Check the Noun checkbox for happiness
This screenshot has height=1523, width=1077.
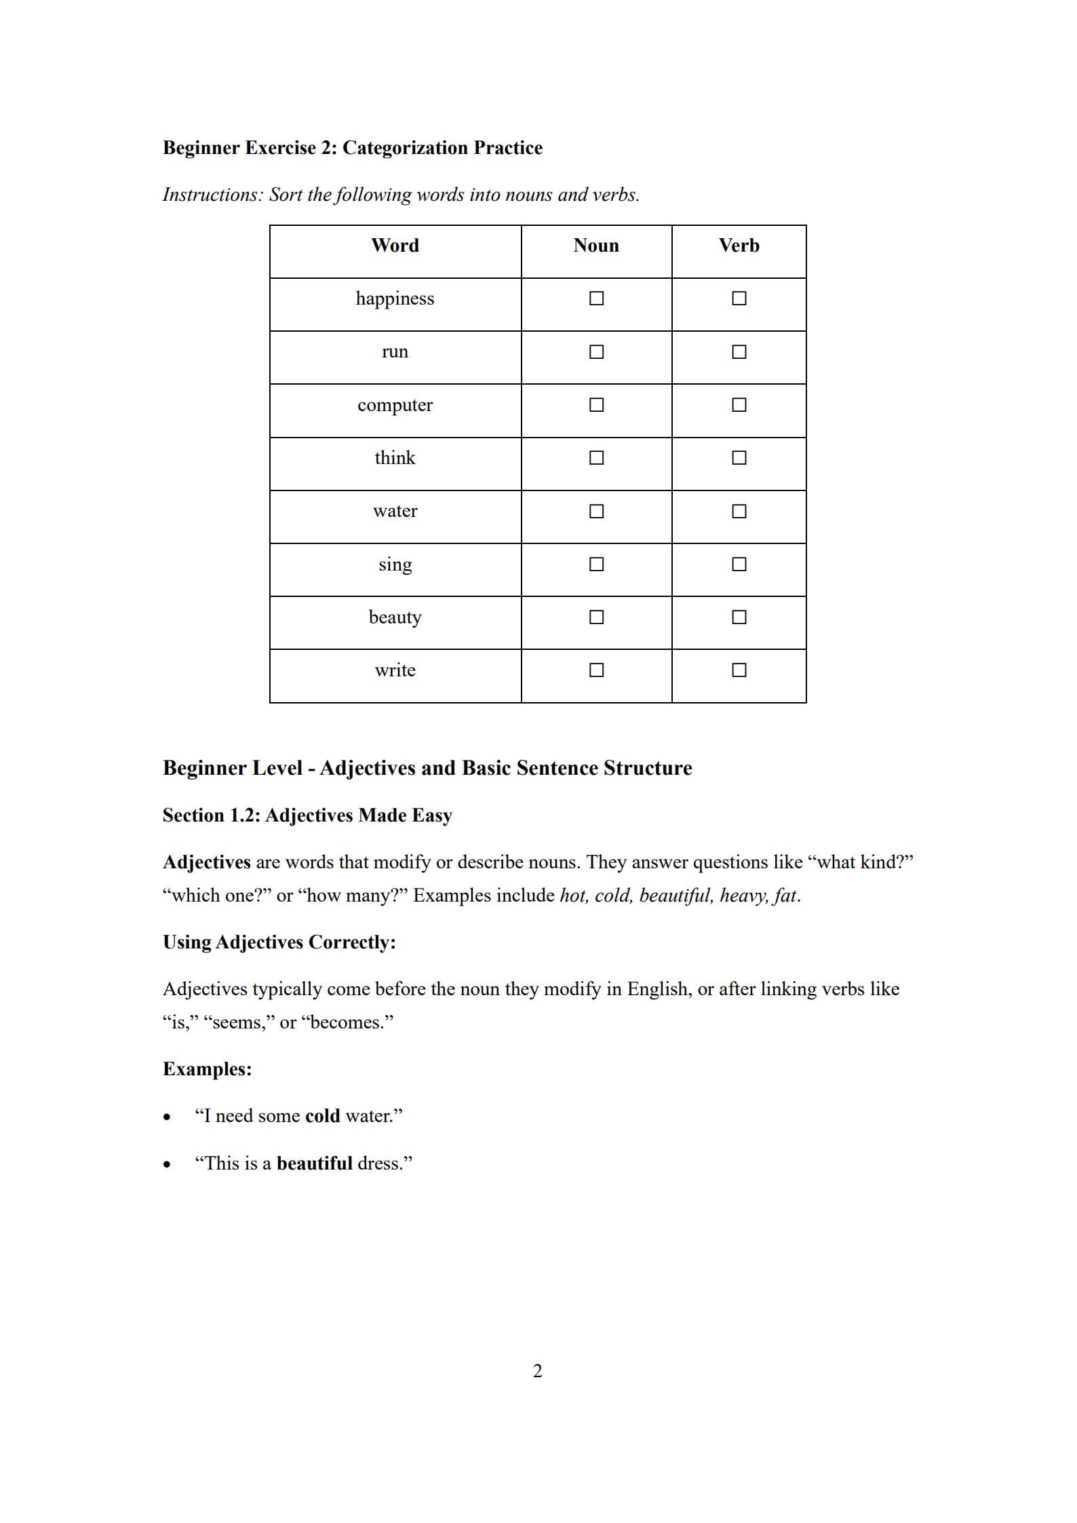click(596, 298)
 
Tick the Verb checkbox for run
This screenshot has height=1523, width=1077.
click(739, 352)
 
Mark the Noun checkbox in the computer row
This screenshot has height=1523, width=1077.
click(596, 405)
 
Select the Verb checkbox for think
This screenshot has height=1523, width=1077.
click(739, 458)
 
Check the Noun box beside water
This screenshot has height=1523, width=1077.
click(596, 511)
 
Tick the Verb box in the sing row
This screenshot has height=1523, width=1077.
click(739, 564)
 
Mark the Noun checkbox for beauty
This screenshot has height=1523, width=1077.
click(596, 617)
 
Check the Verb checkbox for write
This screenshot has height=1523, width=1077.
click(739, 670)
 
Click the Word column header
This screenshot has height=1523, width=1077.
click(395, 246)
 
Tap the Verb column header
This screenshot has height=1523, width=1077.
click(739, 246)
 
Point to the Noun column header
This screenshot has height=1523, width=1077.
click(595, 246)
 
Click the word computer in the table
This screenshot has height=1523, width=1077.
click(395, 405)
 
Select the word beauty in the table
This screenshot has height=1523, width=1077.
click(395, 617)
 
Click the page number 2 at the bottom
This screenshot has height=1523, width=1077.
click(537, 1371)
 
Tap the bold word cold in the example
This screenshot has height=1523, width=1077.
click(322, 1116)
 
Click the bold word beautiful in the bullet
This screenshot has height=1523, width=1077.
click(314, 1163)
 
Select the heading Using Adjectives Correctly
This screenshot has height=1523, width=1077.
click(279, 942)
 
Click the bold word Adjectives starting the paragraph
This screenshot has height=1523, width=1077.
click(206, 862)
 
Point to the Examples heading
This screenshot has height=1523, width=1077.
click(207, 1069)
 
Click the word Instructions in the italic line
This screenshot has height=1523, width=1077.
click(212, 195)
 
